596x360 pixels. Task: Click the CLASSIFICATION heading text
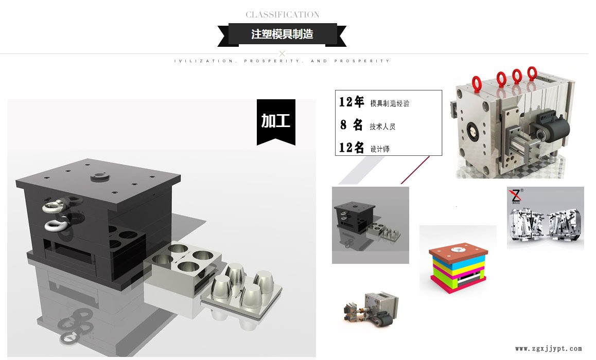coord(282,14)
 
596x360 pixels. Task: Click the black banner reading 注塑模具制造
coord(282,34)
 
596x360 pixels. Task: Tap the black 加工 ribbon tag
coord(276,121)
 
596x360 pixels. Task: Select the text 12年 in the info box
coord(352,102)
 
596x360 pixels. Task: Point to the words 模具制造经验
coord(390,103)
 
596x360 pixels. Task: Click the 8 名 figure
coord(352,125)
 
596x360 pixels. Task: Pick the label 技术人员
coord(382,127)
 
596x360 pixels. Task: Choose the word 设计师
coord(380,149)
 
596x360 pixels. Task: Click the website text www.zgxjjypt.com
coord(548,348)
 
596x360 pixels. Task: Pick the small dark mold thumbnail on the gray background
coord(370,225)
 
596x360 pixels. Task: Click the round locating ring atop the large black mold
coord(98,177)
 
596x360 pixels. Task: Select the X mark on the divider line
coord(282,53)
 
